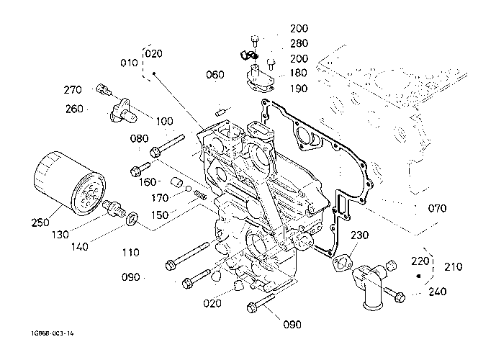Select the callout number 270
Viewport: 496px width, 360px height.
coord(73,91)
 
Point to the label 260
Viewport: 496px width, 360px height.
coord(73,109)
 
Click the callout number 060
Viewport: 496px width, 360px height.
coord(215,75)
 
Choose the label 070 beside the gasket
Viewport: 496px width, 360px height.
coord(436,209)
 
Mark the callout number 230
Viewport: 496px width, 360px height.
coord(360,235)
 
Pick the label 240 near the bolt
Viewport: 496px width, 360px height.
coord(436,292)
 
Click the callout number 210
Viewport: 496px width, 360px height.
coord(454,267)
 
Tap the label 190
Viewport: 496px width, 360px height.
coord(298,89)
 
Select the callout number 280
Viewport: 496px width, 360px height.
coord(298,44)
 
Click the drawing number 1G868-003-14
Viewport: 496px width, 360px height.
coord(52,334)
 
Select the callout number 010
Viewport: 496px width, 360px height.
coord(130,63)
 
